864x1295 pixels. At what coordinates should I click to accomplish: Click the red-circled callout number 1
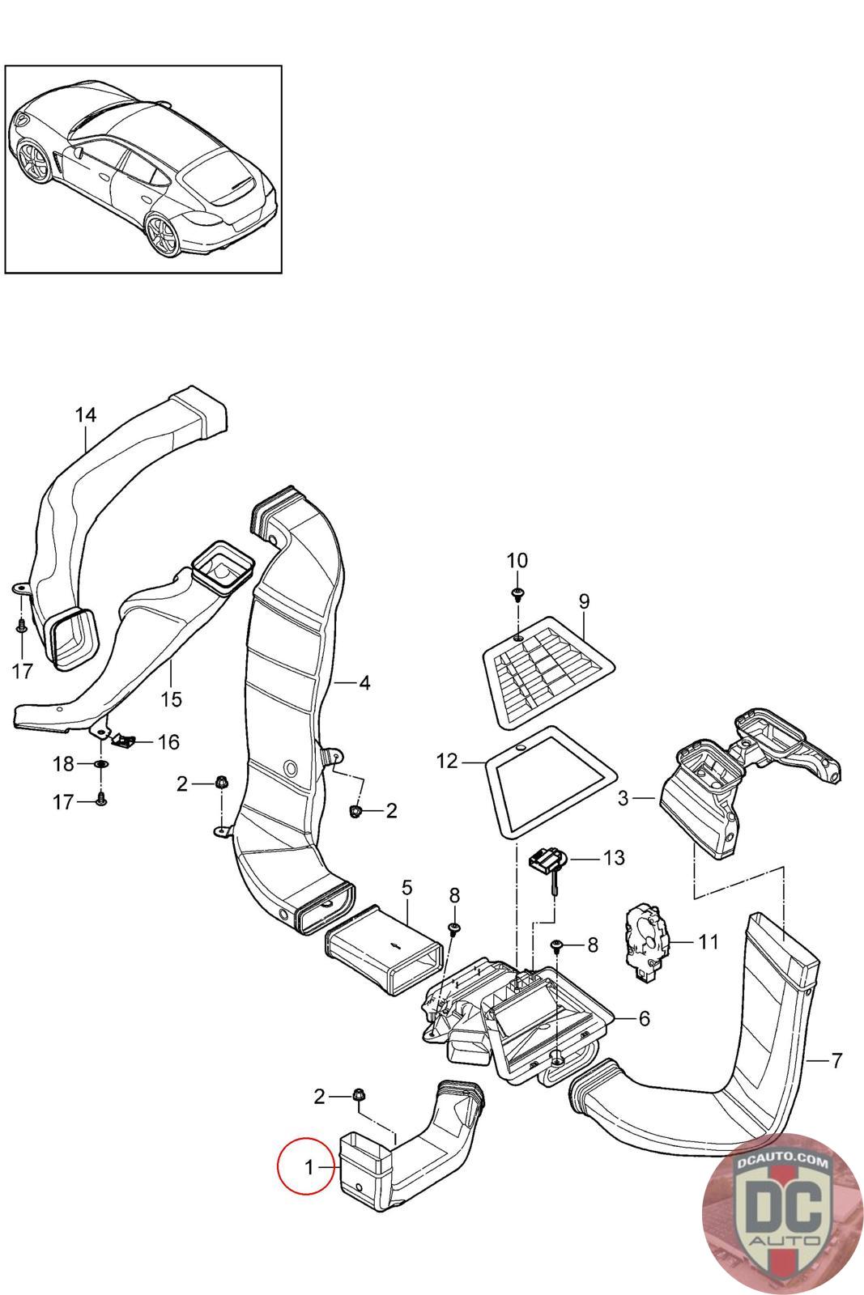309,1167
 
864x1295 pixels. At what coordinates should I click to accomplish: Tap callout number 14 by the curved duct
86,414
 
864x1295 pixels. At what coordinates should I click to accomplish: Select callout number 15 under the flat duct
171,699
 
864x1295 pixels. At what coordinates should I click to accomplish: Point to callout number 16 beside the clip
169,741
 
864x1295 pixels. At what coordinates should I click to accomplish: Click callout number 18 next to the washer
64,764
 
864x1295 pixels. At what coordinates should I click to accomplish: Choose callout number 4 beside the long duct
364,683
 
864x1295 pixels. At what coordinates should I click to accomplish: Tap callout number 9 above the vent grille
584,601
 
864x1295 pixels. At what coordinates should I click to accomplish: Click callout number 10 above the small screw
517,560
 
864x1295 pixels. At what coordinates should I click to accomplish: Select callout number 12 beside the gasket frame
447,762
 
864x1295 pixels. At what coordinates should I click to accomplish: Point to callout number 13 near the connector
614,857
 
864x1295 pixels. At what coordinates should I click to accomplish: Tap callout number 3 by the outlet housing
623,798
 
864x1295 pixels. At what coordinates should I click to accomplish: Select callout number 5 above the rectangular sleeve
407,887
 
